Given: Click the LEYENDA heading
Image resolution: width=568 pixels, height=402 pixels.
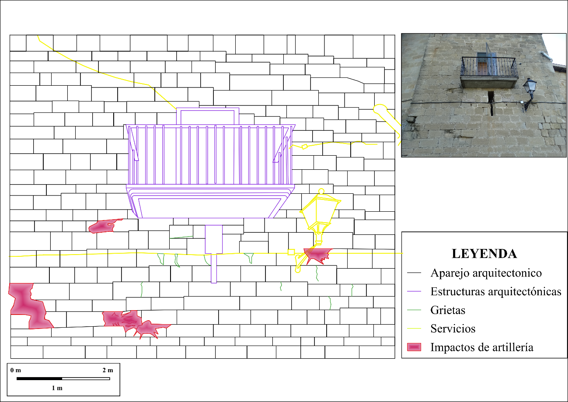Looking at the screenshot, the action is (484, 254).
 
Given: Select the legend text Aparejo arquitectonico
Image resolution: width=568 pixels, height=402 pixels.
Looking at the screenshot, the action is (486, 273).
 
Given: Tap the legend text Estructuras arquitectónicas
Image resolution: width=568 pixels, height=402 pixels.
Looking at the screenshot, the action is (496, 292).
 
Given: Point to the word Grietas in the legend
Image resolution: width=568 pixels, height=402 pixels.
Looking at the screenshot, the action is (448, 310).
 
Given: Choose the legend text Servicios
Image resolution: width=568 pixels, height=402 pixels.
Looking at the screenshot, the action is (453, 329).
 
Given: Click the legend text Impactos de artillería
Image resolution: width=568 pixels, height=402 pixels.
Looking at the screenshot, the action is (482, 347).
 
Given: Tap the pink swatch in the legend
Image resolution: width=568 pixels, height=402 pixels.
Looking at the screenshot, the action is (414, 347).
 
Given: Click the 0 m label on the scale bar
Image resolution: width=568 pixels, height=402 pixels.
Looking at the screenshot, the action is (16, 371).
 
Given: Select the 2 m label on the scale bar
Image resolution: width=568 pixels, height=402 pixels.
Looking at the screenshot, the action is (108, 371).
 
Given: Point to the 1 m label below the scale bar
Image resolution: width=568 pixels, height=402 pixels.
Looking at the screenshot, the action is (57, 388).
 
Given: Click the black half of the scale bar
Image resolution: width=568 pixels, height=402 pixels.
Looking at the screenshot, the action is (39, 379).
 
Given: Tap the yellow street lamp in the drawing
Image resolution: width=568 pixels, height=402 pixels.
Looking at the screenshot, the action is (320, 216).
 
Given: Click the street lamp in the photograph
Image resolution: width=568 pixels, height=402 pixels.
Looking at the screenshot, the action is (530, 94).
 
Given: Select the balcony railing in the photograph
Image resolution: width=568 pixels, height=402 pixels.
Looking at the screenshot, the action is (489, 66).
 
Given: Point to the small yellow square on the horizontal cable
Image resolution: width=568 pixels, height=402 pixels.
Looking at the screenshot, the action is (291, 252).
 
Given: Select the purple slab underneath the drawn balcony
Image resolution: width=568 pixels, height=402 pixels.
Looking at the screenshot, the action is (210, 202).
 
